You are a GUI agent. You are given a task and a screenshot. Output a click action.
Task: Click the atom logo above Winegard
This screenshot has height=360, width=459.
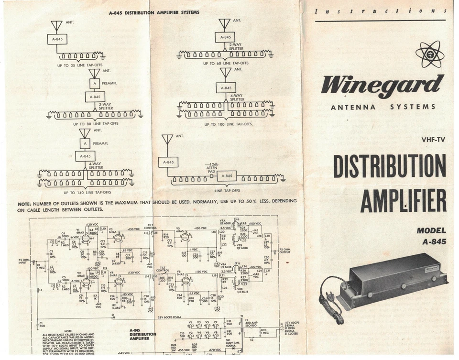coord(429,54)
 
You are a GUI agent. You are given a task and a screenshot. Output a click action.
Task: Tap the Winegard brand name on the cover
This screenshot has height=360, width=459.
coord(382,85)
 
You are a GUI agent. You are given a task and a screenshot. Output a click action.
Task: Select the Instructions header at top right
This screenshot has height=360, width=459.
coord(381,11)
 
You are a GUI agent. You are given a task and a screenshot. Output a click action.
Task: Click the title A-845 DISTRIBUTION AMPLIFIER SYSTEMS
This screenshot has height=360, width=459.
coord(154,12)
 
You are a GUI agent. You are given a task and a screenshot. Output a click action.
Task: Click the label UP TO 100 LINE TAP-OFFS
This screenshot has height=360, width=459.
coord(228,124)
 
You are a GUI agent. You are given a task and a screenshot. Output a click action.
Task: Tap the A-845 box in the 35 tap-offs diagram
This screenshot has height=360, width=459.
coord(57,39)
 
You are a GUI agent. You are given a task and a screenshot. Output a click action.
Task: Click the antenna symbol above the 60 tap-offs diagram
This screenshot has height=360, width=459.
coord(224,23)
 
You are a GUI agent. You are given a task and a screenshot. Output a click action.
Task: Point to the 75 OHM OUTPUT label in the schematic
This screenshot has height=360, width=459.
coord(284,251)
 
